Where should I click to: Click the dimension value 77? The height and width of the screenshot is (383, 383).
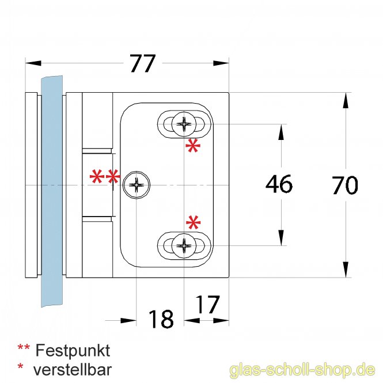point(143,63)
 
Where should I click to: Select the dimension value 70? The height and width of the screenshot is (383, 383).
point(345,185)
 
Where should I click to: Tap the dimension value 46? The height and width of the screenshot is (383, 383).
point(279,184)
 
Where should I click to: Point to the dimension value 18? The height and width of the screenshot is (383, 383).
point(161,318)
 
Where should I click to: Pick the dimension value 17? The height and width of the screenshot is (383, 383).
point(207,304)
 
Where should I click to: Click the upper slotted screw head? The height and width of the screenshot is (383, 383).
point(184,124)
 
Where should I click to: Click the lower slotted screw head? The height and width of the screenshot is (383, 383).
point(184,245)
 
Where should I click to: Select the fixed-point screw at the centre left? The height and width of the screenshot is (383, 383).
point(136,185)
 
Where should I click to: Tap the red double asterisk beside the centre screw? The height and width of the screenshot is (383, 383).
point(105,176)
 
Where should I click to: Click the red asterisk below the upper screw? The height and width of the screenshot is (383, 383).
point(193,146)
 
